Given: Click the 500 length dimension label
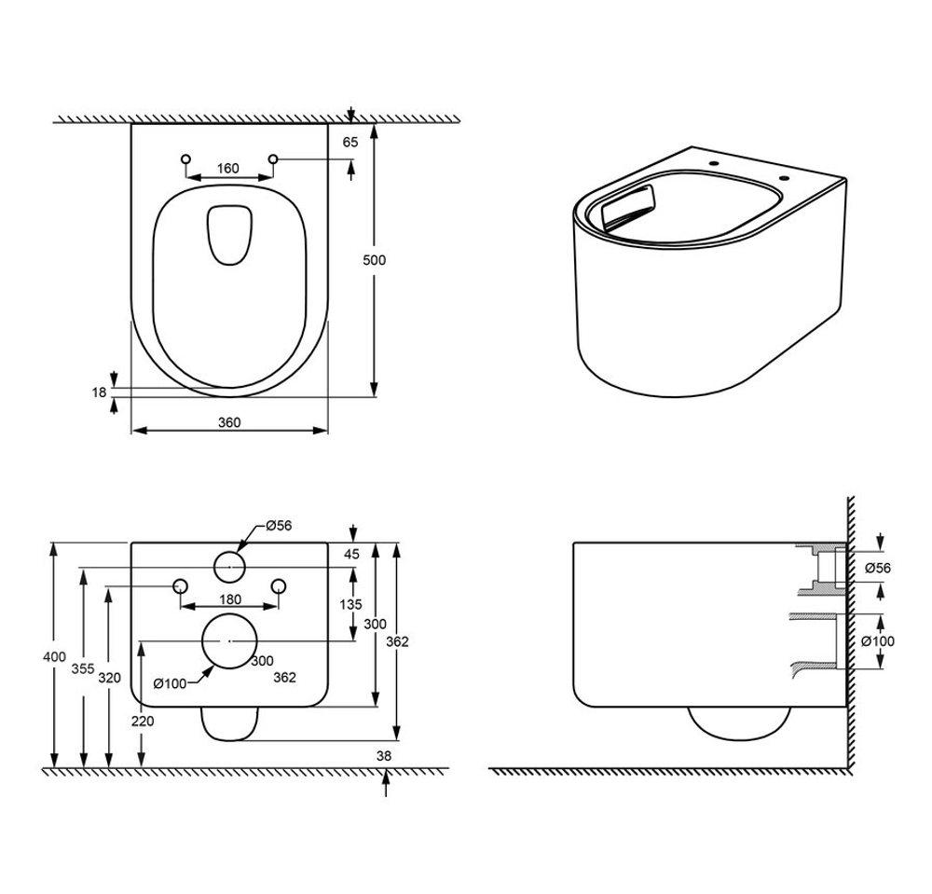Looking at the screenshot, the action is [x=375, y=260].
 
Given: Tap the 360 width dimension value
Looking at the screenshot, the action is [x=229, y=422].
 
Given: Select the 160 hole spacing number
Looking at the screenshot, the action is [x=227, y=168].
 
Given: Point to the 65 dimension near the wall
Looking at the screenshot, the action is [x=350, y=142].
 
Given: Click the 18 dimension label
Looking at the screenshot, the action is [x=99, y=392].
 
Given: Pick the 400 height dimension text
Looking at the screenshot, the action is [x=55, y=657].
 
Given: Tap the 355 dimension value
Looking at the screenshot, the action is [x=83, y=668].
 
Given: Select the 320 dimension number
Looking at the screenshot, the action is [x=109, y=678].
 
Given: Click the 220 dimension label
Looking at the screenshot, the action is [x=142, y=721].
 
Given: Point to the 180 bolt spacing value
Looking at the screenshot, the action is [x=230, y=598].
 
